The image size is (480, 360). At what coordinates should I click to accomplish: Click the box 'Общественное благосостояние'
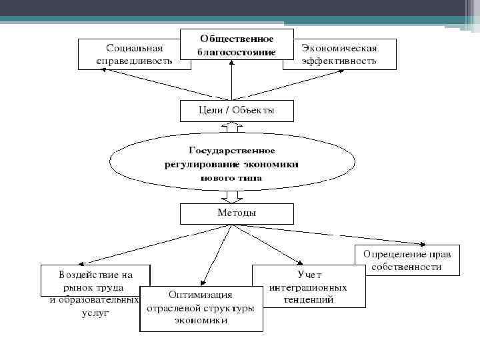(237, 45)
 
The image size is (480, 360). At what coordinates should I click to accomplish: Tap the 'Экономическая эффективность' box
(339, 54)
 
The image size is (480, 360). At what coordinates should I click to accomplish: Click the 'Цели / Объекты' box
(237, 111)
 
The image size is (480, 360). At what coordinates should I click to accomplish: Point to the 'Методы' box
(237, 213)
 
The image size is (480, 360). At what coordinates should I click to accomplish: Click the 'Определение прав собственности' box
(407, 260)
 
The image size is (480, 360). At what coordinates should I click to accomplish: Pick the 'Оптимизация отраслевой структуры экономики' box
(201, 308)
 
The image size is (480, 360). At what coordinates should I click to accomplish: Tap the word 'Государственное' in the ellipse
(232, 151)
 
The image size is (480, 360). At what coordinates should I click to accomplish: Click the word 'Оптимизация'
(201, 295)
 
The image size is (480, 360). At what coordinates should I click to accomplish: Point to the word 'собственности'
(407, 267)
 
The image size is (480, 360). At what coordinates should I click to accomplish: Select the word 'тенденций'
(308, 300)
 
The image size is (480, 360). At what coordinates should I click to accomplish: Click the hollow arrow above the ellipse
(231, 126)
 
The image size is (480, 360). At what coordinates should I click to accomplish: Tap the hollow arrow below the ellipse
(231, 197)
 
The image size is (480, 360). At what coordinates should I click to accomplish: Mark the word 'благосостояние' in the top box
(237, 52)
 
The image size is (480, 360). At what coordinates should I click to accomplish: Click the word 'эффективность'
(339, 61)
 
